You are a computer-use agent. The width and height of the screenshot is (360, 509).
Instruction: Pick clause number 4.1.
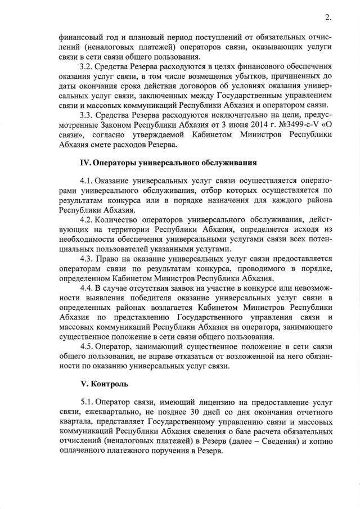click(x=87, y=181)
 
